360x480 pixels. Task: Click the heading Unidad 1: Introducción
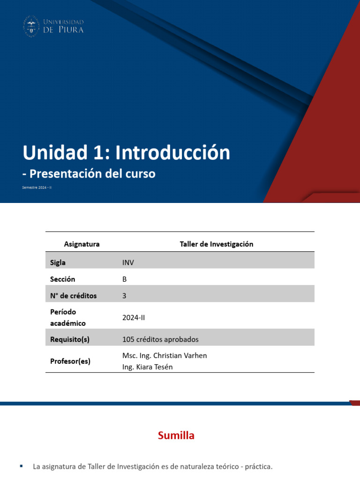click(127, 152)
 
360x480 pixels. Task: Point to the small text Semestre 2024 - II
click(37, 187)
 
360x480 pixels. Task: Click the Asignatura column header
click(82, 244)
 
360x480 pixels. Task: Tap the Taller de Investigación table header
click(216, 244)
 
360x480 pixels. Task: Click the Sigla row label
click(58, 262)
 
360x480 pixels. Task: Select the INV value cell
click(128, 262)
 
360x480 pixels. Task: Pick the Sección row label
click(62, 279)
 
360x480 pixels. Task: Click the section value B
click(124, 279)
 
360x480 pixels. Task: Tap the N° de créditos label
click(73, 296)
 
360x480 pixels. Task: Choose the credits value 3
click(124, 296)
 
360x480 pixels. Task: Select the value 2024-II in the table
click(134, 317)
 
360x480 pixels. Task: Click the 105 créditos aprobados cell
click(160, 339)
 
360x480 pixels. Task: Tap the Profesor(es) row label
click(70, 361)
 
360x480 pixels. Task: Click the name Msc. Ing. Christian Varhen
click(164, 355)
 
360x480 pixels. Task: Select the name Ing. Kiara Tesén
click(147, 367)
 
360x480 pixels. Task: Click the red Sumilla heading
click(176, 435)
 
